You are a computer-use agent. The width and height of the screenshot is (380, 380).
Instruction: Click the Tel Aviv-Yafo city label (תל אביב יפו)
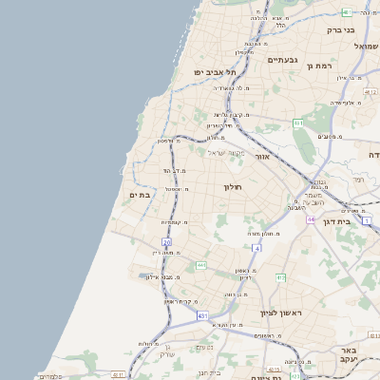tap(214, 71)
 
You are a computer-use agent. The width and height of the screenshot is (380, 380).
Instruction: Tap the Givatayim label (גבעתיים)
tap(283, 61)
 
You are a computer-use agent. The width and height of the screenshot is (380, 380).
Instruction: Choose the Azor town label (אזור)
tap(265, 156)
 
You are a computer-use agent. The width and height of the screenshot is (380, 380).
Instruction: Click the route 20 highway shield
tap(166, 243)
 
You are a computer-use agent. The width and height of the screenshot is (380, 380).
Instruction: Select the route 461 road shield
tap(297, 123)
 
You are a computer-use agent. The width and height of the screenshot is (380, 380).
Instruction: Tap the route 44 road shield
tap(311, 219)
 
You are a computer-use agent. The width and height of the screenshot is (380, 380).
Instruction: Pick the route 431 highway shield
tap(201, 314)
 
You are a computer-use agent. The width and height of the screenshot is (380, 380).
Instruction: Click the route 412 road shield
tap(280, 277)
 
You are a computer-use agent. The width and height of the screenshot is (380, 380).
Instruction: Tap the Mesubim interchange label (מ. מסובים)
tap(330, 137)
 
